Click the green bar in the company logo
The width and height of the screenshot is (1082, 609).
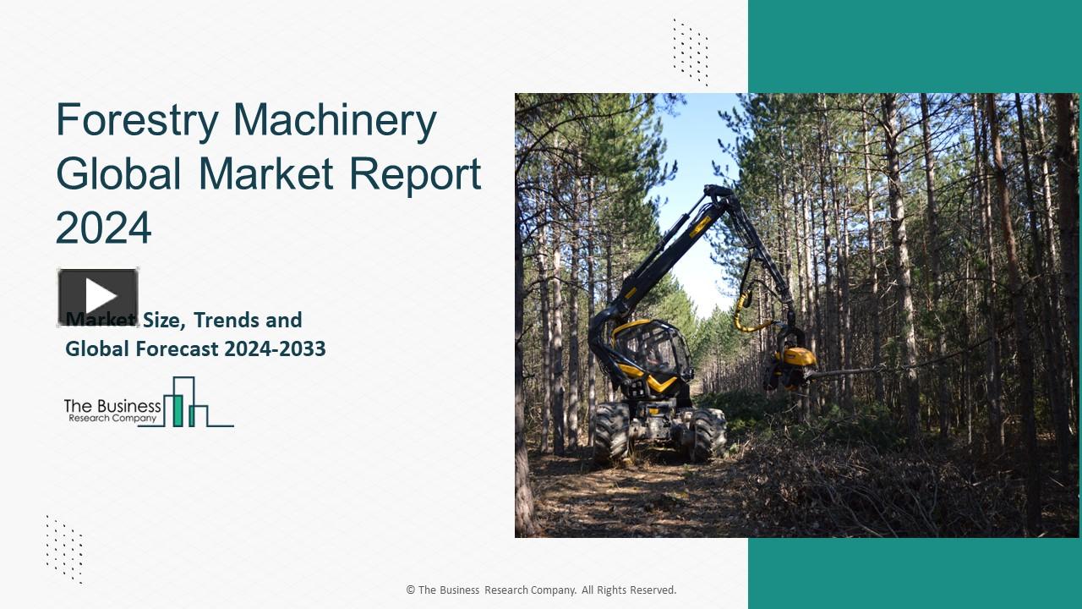pyautogui.click(x=178, y=409)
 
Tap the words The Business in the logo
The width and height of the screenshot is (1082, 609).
pyautogui.click(x=112, y=405)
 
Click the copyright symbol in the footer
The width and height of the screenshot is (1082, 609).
pyautogui.click(x=411, y=590)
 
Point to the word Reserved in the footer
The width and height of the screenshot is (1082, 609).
pyautogui.click(x=651, y=590)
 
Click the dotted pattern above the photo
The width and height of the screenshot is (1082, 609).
pyautogui.click(x=691, y=52)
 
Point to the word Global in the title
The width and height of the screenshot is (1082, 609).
pyautogui.click(x=118, y=174)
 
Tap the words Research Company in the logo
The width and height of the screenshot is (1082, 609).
pyautogui.click(x=112, y=418)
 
